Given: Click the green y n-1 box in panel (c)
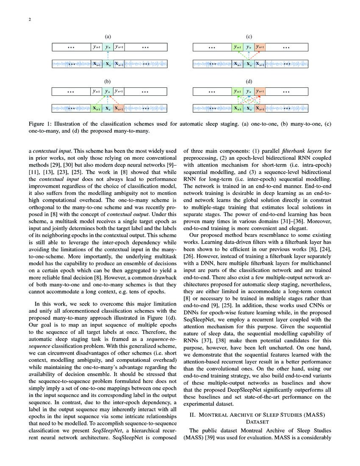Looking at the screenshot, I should [238, 47].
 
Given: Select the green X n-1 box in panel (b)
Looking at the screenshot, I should [97, 108].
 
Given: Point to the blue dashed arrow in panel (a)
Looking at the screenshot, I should [108, 55].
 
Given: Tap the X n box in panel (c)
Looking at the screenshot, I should [249, 64].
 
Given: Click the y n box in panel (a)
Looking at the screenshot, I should [108, 47].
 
